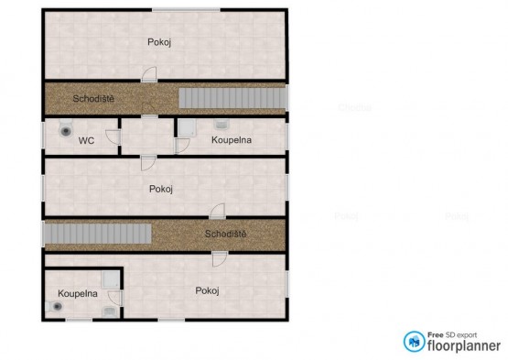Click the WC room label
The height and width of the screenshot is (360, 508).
click(86, 141)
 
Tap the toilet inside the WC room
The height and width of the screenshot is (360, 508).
click(66, 128)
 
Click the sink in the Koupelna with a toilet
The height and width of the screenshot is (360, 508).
click(110, 312)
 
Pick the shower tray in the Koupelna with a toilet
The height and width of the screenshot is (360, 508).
click(111, 280)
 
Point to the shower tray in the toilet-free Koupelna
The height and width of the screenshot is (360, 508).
click(187, 127)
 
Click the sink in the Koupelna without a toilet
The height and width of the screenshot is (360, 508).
click(222, 124)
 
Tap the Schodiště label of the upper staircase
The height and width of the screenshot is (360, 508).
click(93, 99)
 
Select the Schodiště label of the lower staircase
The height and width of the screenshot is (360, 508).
click(225, 234)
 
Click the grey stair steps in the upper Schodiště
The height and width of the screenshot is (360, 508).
click(232, 98)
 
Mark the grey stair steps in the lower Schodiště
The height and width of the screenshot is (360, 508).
click(98, 234)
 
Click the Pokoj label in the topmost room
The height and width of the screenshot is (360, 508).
click(159, 42)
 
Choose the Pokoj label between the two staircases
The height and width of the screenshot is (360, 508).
click(161, 189)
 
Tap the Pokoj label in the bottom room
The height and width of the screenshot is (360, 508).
click(208, 290)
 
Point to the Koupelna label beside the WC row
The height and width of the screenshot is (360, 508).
click(232, 140)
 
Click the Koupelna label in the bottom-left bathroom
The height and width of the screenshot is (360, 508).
click(78, 293)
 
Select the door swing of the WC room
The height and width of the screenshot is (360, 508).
click(113, 136)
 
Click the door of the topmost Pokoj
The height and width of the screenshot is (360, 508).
click(149, 74)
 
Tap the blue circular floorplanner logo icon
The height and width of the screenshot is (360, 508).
click(414, 342)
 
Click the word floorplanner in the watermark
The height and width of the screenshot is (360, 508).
click(464, 345)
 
